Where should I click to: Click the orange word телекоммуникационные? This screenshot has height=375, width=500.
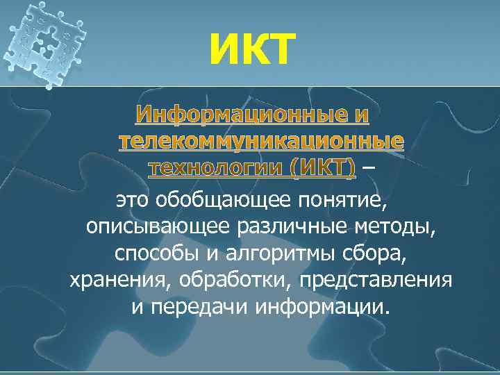point(260,141)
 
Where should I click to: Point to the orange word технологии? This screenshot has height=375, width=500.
point(216,167)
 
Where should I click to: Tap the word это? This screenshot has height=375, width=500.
point(134,201)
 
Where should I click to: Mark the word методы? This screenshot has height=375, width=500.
point(398,227)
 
